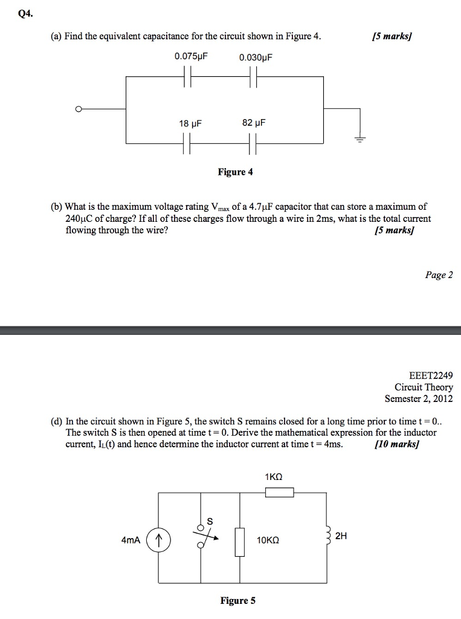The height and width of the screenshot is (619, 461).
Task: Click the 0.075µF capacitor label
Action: tap(191, 57)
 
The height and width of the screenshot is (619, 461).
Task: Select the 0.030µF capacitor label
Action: tap(256, 57)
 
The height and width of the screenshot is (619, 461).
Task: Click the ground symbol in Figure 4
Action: tap(360, 139)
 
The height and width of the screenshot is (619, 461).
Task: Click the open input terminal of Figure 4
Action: tap(78, 109)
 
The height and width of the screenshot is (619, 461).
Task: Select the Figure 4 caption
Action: tap(235, 172)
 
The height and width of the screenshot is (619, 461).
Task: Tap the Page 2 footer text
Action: tap(439, 275)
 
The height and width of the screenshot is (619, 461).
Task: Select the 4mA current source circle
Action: tap(158, 540)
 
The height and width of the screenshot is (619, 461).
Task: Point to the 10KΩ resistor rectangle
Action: tap(240, 541)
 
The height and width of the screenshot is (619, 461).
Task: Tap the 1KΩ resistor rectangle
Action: tap(280, 493)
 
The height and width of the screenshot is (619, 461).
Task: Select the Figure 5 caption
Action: tap(237, 600)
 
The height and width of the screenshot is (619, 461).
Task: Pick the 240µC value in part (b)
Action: tap(80, 218)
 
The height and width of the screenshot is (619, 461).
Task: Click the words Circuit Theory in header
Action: tap(424, 387)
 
